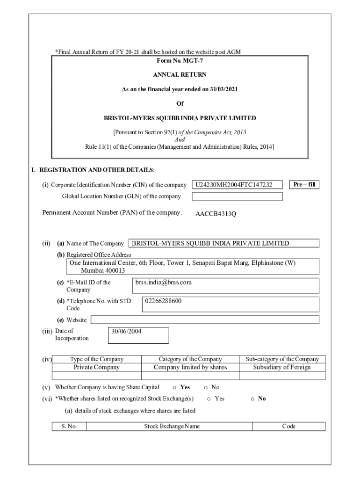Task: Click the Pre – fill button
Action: pos(304,184)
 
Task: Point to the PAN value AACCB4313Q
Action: pos(216,214)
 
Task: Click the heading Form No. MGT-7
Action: pos(180,60)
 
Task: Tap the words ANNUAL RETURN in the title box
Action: pos(180,74)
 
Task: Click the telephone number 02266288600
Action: pos(164,301)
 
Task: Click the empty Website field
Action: pos(205,319)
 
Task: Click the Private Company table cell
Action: pos(97,367)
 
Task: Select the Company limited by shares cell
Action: pos(190,367)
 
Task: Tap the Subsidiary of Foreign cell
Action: pos(282,367)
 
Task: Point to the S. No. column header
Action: pos(69,426)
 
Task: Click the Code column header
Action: pos(288,426)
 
